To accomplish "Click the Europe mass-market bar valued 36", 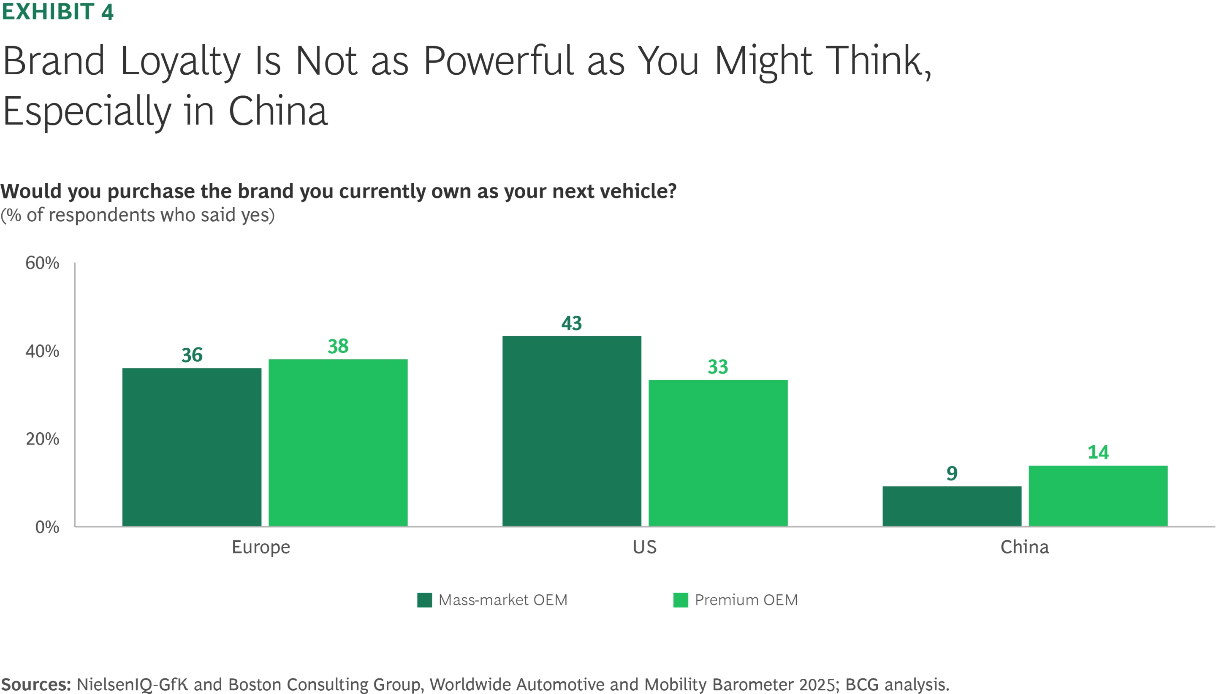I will [192, 447].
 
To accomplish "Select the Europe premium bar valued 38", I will [338, 442].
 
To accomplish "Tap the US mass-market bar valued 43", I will [572, 431].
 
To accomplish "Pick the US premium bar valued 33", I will [718, 453].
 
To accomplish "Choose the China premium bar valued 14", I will [1098, 496].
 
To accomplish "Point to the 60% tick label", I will [42, 263].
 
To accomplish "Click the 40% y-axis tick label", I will [42, 351].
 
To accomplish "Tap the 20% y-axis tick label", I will [42, 439].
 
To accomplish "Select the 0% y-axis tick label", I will [47, 527].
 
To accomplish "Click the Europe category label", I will [261, 547].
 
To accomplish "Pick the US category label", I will [644, 547].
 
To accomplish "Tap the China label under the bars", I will [1024, 547].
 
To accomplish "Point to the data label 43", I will [572, 323].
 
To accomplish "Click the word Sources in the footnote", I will [36, 684].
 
